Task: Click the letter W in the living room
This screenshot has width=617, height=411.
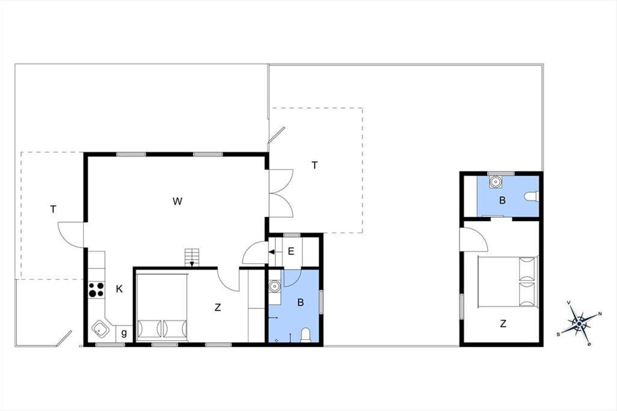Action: tap(177, 201)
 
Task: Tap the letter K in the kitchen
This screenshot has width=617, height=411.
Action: tap(119, 289)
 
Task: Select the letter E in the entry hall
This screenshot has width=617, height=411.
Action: tap(291, 251)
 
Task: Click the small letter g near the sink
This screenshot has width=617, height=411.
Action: tap(124, 333)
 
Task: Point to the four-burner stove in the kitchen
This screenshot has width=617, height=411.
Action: tap(96, 290)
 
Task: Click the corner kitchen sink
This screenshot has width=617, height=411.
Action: tap(100, 329)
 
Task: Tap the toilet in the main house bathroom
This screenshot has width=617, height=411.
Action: tap(305, 335)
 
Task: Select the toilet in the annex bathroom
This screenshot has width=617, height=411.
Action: tap(531, 197)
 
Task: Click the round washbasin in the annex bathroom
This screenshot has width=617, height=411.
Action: tap(496, 182)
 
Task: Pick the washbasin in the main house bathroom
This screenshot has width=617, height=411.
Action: tap(275, 287)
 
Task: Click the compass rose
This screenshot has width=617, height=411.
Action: tap(579, 323)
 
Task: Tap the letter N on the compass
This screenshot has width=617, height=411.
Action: tap(600, 314)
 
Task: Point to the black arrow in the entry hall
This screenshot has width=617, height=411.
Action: tap(271, 252)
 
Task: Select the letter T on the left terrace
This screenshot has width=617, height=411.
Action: tap(53, 209)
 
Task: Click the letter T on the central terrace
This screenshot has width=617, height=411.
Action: tap(315, 165)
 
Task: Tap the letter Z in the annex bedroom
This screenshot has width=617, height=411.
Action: tap(503, 324)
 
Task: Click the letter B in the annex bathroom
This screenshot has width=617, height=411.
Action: tap(502, 200)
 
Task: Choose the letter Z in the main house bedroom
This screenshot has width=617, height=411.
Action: tap(218, 308)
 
